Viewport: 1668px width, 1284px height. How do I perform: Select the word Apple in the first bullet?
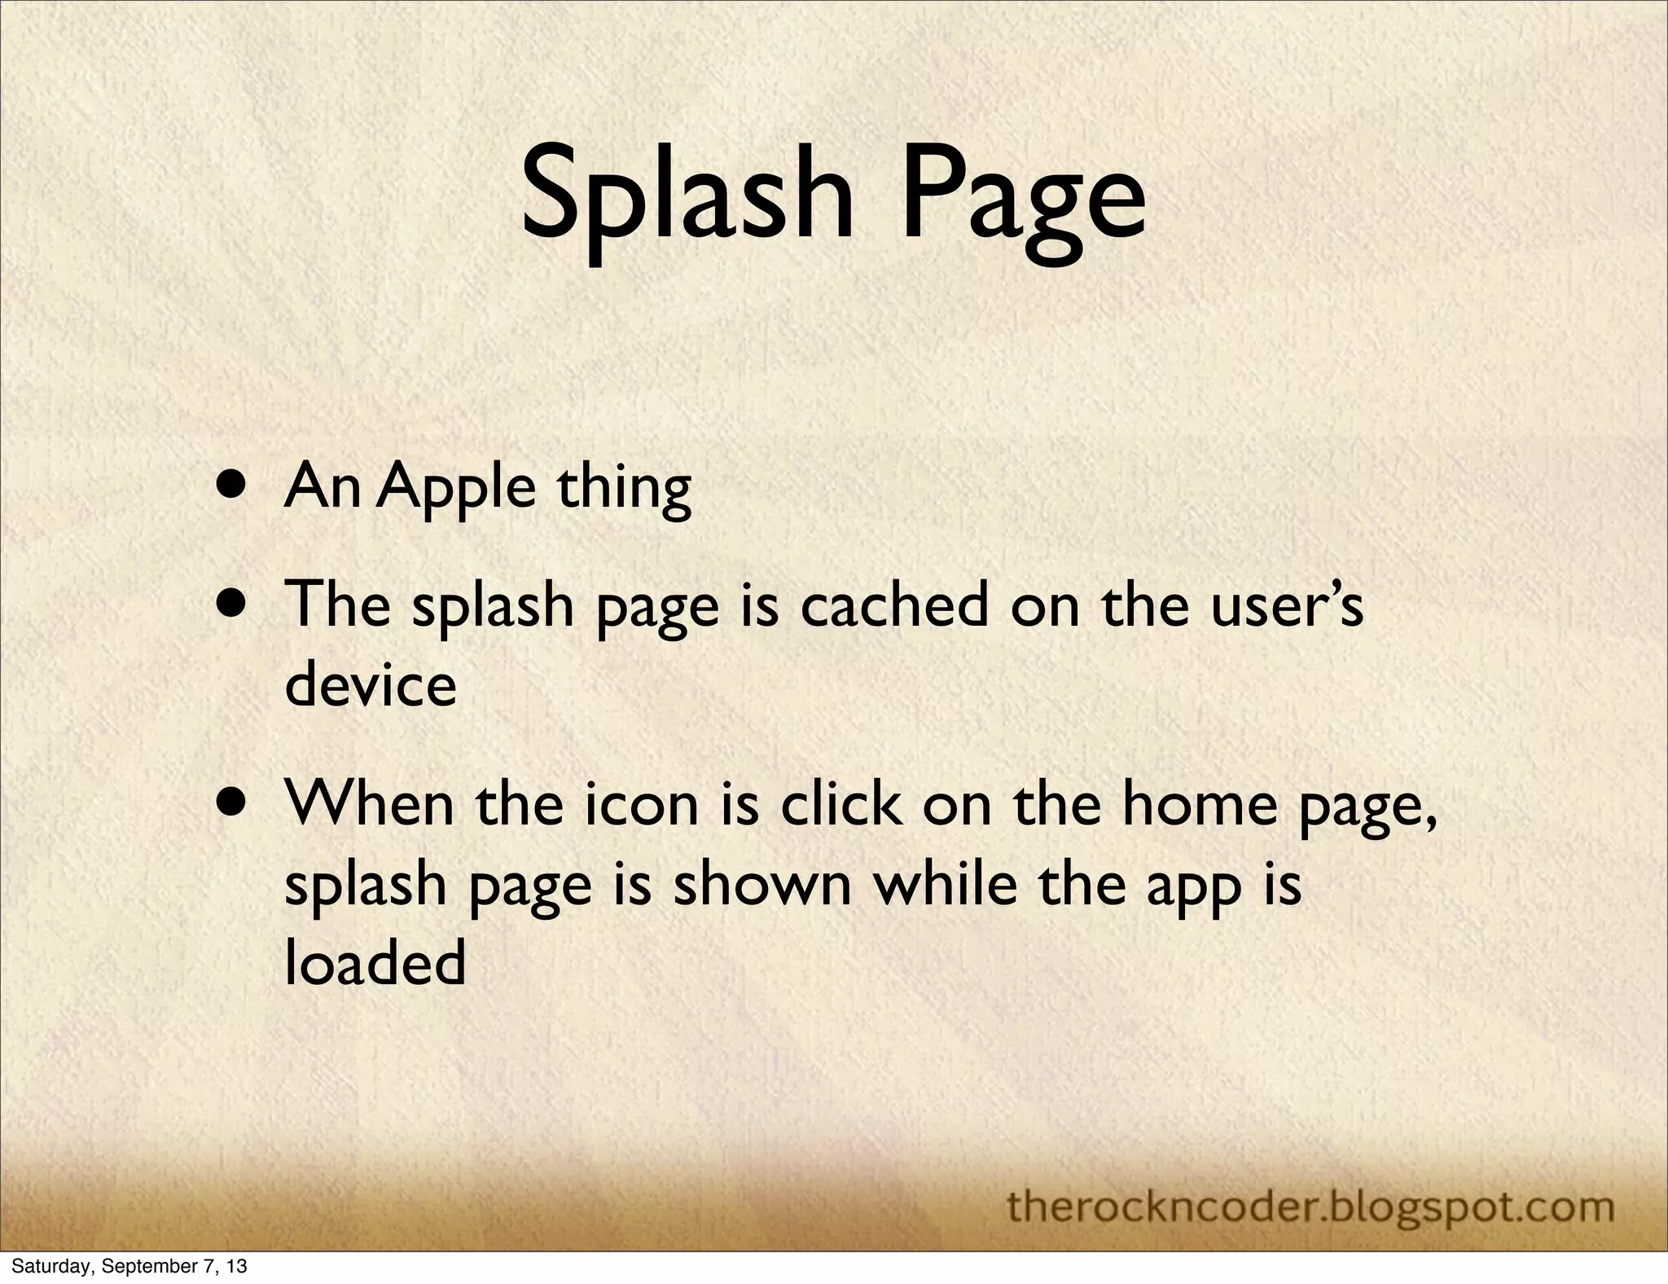[456, 490]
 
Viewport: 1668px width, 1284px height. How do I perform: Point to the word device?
[371, 685]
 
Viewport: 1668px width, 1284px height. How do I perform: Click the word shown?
[762, 885]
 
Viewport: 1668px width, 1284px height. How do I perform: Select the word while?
[946, 885]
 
